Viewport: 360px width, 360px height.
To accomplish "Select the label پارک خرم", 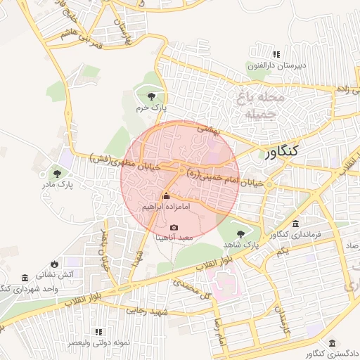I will pyautogui.click(x=150, y=108).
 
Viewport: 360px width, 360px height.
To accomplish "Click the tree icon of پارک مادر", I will pyautogui.click(x=56, y=172).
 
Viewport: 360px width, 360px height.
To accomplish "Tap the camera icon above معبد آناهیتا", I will pyautogui.click(x=174, y=228).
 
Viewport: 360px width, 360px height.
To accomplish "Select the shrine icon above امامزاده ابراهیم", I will pyautogui.click(x=166, y=196).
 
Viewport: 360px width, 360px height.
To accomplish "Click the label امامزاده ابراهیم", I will pyautogui.click(x=166, y=207).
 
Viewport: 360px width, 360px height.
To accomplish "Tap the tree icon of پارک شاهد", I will pyautogui.click(x=240, y=233).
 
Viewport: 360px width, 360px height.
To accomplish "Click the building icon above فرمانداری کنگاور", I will pyautogui.click(x=295, y=222).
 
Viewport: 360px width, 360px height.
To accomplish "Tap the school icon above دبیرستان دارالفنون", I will pyautogui.click(x=276, y=54).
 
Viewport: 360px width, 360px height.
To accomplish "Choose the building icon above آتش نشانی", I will pyautogui.click(x=25, y=278).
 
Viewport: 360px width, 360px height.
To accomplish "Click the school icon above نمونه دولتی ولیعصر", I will pyautogui.click(x=98, y=331).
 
